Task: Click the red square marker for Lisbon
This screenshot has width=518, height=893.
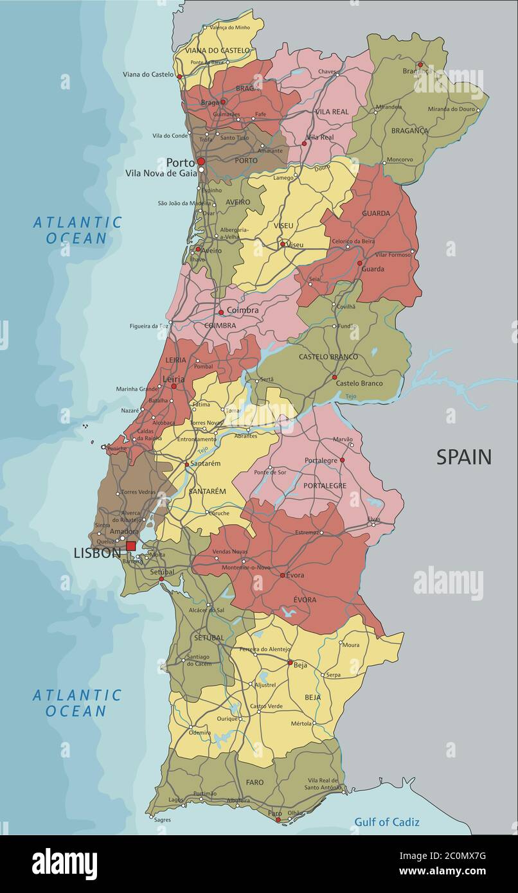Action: pos(130,546)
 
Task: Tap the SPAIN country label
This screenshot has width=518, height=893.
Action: pos(463,457)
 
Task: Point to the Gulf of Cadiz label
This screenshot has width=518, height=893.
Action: pos(387,822)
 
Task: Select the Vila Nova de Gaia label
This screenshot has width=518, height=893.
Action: pos(161,173)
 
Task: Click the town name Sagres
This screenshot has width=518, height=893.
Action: pos(163,820)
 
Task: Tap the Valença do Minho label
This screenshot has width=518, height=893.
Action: pos(229,28)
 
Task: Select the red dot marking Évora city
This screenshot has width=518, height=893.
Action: pos(282,575)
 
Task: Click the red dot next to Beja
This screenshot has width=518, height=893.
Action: pos(290,662)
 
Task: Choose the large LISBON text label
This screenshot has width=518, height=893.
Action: pos(97,553)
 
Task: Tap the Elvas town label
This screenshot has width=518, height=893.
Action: pos(373,519)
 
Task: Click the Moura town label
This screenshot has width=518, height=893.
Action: pos(351,644)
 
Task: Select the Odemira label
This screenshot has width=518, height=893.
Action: pos(200,732)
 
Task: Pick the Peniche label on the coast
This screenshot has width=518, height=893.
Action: pos(116,448)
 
